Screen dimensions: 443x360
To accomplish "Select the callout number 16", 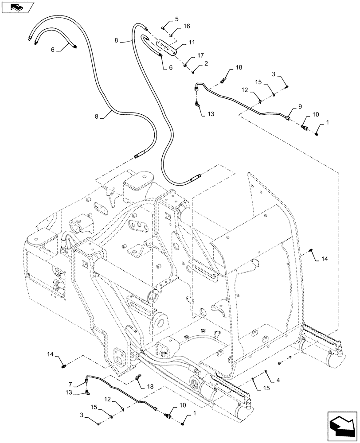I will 187,27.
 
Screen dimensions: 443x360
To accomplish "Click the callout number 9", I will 300,107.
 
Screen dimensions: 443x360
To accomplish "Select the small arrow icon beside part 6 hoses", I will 16,7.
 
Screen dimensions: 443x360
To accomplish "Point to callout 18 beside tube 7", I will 150,386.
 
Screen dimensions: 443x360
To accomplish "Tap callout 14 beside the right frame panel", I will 325,259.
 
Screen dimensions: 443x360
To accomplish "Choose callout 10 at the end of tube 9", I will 315,114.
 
